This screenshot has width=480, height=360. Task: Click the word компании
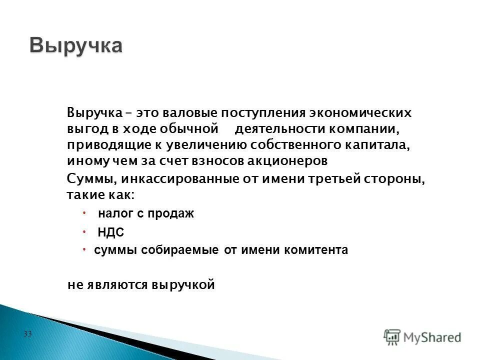(x=364, y=129)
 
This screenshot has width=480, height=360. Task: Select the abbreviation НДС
(x=110, y=232)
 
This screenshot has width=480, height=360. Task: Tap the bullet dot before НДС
(x=85, y=231)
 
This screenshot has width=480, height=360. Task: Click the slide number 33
(x=27, y=333)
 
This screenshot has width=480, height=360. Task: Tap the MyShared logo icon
(x=392, y=336)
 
